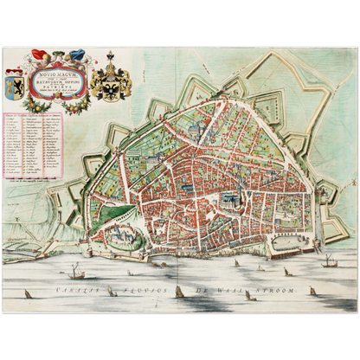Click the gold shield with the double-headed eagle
[x=116, y=82]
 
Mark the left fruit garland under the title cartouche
[x=33, y=102]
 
